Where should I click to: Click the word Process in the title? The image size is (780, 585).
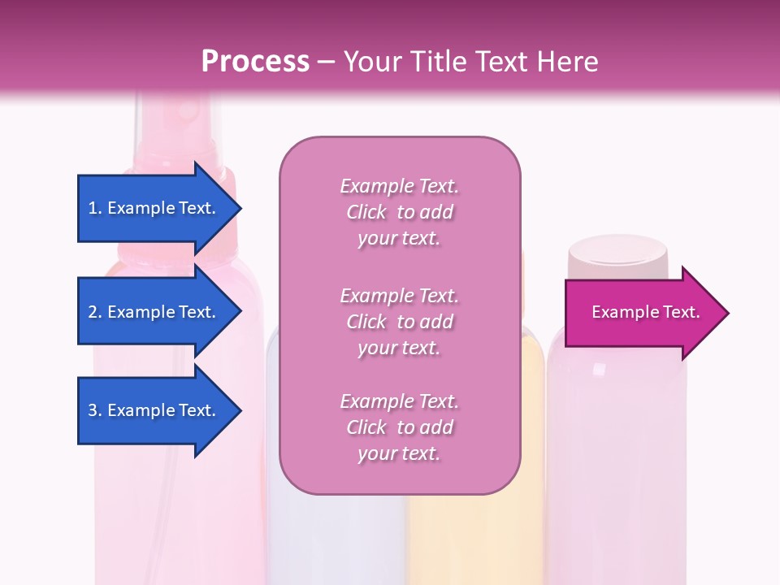pyautogui.click(x=255, y=61)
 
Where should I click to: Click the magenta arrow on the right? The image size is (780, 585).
pyautogui.click(x=642, y=313)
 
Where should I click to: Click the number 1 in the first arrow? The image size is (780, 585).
pyautogui.click(x=93, y=208)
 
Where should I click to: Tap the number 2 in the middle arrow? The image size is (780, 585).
pyautogui.click(x=93, y=312)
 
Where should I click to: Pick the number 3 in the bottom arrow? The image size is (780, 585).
pyautogui.click(x=93, y=410)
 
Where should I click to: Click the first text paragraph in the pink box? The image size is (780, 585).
pyautogui.click(x=399, y=212)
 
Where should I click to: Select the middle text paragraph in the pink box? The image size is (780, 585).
pyautogui.click(x=399, y=322)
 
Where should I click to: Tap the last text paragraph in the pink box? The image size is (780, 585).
pyautogui.click(x=399, y=427)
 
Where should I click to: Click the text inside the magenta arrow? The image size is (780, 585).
pyautogui.click(x=645, y=312)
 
